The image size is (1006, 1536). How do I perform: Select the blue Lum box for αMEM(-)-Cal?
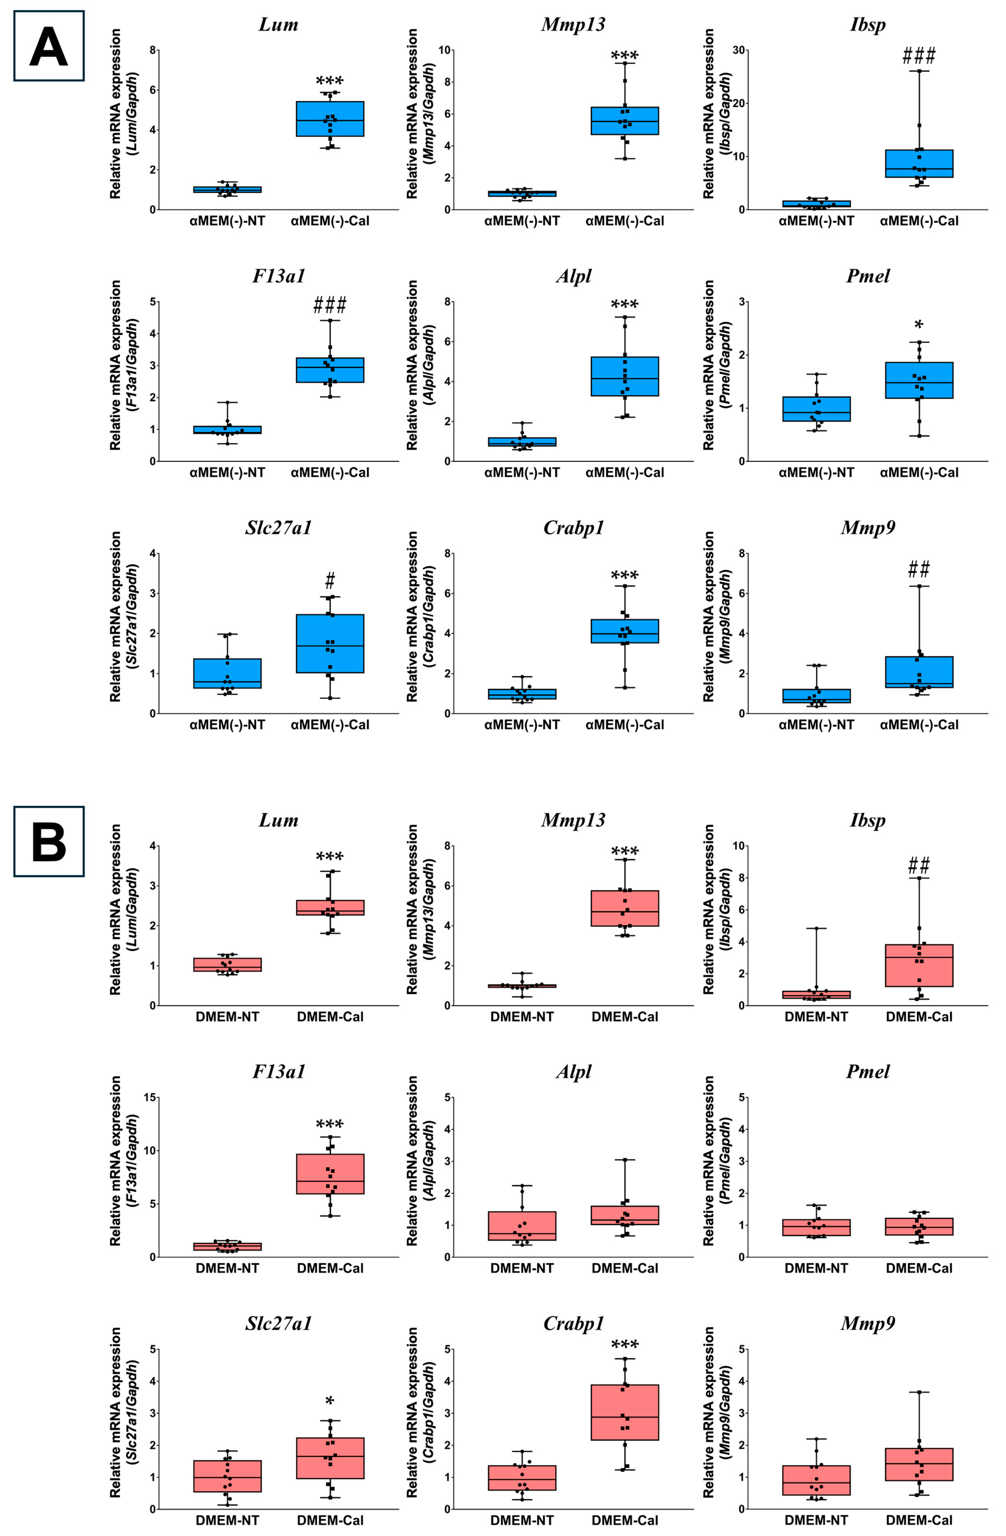tap(330, 119)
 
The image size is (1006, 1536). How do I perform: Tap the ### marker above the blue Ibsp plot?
tap(919, 56)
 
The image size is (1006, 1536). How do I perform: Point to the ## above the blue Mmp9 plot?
tap(919, 569)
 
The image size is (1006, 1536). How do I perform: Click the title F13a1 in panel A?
tap(279, 276)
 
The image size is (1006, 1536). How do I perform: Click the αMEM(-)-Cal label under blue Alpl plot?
tap(625, 472)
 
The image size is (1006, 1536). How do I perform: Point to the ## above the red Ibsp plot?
tap(919, 865)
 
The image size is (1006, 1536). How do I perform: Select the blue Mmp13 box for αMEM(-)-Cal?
tap(625, 121)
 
